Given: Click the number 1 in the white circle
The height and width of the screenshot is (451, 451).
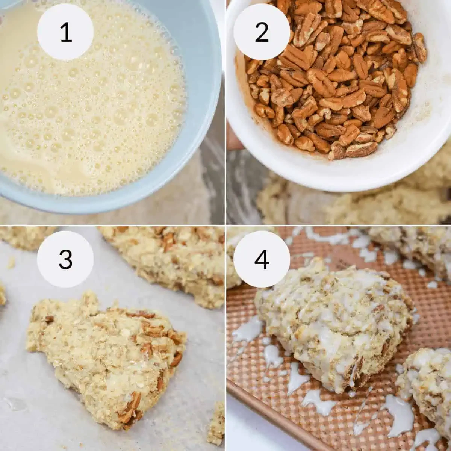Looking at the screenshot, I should click(x=66, y=32).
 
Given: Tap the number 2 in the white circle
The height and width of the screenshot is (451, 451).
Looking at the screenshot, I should click(x=262, y=32).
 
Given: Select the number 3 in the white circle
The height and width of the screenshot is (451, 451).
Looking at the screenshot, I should click(x=66, y=259).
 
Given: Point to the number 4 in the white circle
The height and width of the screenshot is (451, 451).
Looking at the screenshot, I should click(x=262, y=259).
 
